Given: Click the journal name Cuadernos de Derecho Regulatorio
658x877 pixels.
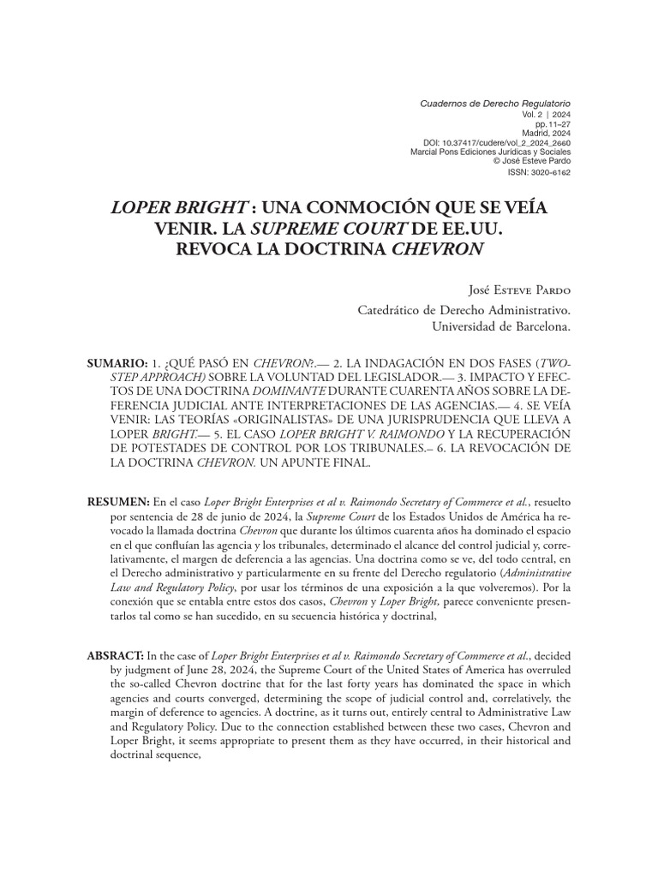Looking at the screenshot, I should (x=494, y=103).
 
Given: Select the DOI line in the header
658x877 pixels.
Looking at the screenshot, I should (x=497, y=142).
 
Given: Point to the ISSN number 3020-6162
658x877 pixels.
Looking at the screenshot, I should (x=540, y=172).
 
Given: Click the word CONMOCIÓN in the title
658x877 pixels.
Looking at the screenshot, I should (x=338, y=207).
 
